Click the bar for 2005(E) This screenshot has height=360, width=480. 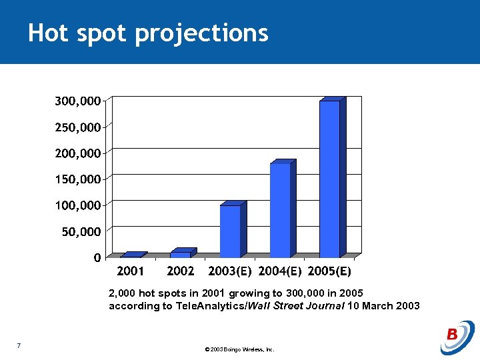[x=329, y=179]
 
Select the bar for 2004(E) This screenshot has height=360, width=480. [x=280, y=210]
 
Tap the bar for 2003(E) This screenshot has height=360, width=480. [x=230, y=231]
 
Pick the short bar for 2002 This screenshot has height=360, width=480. [x=180, y=254]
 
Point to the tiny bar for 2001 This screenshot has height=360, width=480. [x=131, y=255]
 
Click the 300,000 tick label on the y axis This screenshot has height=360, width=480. [x=78, y=101]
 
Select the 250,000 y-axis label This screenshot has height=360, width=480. [x=78, y=127]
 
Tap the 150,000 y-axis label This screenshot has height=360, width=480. [x=78, y=179]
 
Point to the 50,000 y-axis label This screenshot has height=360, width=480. [x=81, y=231]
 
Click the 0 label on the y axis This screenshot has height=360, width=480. [x=97, y=257]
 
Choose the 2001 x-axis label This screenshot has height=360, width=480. [x=131, y=271]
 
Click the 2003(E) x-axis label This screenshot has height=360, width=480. [x=230, y=271]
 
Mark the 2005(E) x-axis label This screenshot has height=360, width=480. [x=329, y=271]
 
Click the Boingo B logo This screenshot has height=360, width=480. [x=457, y=337]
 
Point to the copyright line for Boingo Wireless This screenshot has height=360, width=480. [x=240, y=349]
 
